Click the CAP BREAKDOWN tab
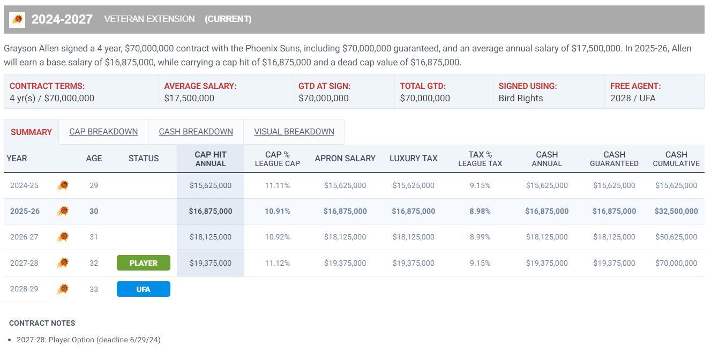click(x=103, y=132)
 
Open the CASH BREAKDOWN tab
click(x=196, y=132)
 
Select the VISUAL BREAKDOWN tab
click(x=294, y=132)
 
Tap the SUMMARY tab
click(x=31, y=132)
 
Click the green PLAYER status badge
click(x=143, y=263)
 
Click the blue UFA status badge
click(x=143, y=289)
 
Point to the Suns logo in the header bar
click(x=17, y=20)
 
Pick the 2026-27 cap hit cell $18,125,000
click(x=211, y=237)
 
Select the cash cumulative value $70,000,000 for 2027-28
click(x=676, y=263)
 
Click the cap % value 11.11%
click(x=277, y=185)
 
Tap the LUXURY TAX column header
click(x=413, y=159)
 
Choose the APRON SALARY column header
click(x=345, y=159)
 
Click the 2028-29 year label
click(x=24, y=289)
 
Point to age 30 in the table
click(x=94, y=211)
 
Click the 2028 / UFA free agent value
click(x=632, y=99)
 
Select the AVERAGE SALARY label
click(x=200, y=86)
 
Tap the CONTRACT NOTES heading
click(x=42, y=323)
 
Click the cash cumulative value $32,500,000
click(x=676, y=211)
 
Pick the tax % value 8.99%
click(x=480, y=237)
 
